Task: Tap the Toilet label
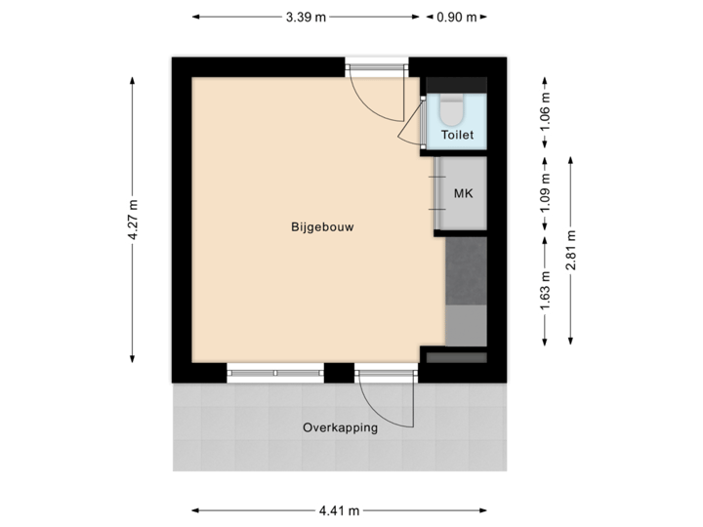click(457, 135)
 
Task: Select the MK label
click(463, 193)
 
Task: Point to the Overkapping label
click(340, 426)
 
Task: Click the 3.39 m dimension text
click(306, 16)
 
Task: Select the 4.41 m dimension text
click(339, 509)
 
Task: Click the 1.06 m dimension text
click(546, 111)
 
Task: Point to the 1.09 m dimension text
click(546, 191)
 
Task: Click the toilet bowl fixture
click(453, 105)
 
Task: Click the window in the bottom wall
click(274, 372)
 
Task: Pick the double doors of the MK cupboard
click(438, 194)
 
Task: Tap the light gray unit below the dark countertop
click(466, 325)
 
